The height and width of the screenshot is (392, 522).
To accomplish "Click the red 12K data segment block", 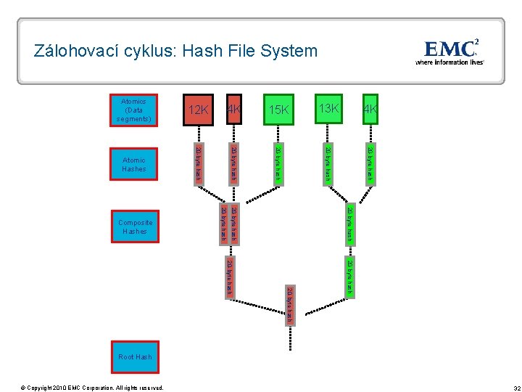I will click(197, 110).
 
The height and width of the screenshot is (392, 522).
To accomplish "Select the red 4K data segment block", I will click(233, 110).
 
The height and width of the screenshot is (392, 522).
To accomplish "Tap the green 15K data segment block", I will click(278, 110).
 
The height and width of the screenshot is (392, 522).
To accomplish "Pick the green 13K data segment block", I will click(328, 109).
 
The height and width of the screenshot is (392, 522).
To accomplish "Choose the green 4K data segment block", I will click(370, 110).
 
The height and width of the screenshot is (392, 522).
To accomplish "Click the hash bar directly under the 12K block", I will click(197, 164).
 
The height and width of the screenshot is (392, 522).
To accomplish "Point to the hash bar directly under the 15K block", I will click(278, 164).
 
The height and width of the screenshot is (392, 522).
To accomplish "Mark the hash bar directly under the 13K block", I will click(328, 164).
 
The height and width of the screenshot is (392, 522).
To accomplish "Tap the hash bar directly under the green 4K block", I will click(370, 164).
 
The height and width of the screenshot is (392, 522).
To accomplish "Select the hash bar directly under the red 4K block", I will click(233, 164).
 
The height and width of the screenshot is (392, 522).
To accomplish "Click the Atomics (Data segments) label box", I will click(134, 110).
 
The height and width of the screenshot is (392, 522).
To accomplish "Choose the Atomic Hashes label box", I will click(134, 164).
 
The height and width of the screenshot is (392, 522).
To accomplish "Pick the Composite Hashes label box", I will click(134, 226).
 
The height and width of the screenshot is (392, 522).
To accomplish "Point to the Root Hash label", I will click(135, 357).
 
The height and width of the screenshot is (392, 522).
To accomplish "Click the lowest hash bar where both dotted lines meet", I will click(289, 305).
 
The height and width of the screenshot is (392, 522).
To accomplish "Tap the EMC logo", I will click(450, 49).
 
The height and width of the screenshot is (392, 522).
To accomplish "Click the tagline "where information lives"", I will click(449, 62).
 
